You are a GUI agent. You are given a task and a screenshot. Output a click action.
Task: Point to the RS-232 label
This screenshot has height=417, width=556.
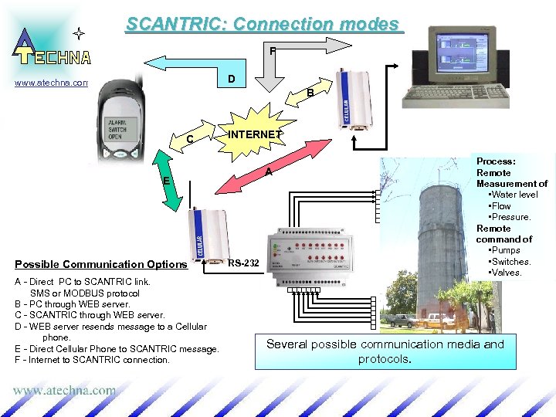pos(244,264)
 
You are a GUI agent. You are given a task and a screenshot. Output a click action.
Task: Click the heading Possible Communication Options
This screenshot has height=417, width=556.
pos(100,264)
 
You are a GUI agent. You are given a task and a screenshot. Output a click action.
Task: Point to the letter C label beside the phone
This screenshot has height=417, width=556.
pos(189,140)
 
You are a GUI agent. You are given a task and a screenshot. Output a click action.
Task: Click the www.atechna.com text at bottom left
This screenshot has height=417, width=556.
pos(64,391)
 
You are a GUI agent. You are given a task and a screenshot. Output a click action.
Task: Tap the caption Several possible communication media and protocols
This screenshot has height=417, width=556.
pos(385,351)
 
